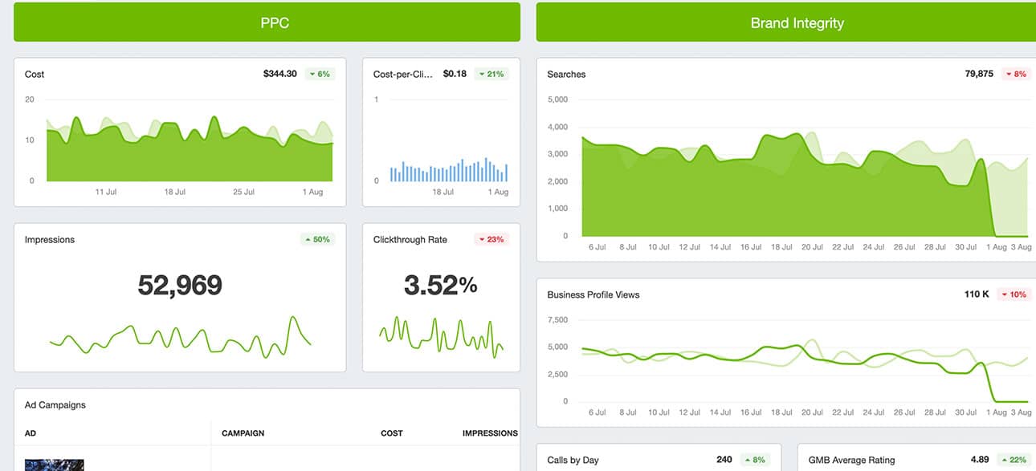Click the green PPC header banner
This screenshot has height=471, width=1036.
coord(267,22)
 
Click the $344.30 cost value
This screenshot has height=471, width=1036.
coord(279,74)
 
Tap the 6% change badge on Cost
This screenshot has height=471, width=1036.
coord(320,74)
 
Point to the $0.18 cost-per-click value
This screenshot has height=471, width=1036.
coord(455,74)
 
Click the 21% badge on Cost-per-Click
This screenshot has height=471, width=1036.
coord(491,74)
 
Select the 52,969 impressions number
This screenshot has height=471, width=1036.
coord(180,285)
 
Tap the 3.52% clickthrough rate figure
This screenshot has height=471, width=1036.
coord(440,285)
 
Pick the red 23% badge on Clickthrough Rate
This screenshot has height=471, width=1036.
coord(491,239)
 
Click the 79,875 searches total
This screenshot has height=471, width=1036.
coord(979,74)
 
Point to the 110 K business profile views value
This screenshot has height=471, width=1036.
coord(977,294)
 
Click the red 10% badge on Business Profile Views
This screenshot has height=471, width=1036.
coord(1014,294)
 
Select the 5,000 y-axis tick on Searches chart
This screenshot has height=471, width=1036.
coord(557,99)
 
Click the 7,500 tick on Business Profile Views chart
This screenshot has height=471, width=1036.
coord(557,320)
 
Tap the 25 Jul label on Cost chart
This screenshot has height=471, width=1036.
coord(243,193)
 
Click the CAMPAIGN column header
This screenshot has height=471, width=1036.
coord(243,433)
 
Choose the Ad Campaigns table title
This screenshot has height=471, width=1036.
coord(55,405)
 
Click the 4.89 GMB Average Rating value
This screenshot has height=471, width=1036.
coord(980,460)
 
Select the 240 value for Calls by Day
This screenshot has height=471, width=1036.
coord(724,460)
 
